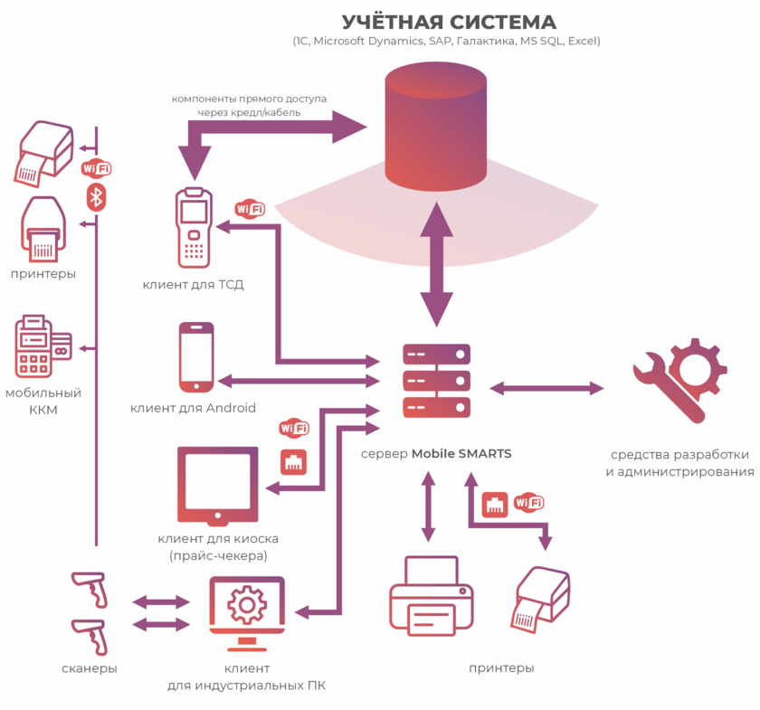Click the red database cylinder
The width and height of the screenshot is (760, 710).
point(436,127)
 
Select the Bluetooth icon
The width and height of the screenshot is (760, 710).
point(96,196)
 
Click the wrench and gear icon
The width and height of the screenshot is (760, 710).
point(679,380)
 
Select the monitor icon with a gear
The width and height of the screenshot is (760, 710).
point(247,611)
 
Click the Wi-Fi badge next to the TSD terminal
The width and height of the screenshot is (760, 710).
point(250,209)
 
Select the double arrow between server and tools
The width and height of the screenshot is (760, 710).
point(546,388)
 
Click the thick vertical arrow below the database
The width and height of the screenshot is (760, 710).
point(437,264)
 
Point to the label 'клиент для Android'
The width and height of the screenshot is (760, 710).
point(193,408)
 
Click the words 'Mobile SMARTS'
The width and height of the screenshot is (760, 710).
point(461,453)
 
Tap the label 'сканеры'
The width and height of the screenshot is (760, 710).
point(90,668)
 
